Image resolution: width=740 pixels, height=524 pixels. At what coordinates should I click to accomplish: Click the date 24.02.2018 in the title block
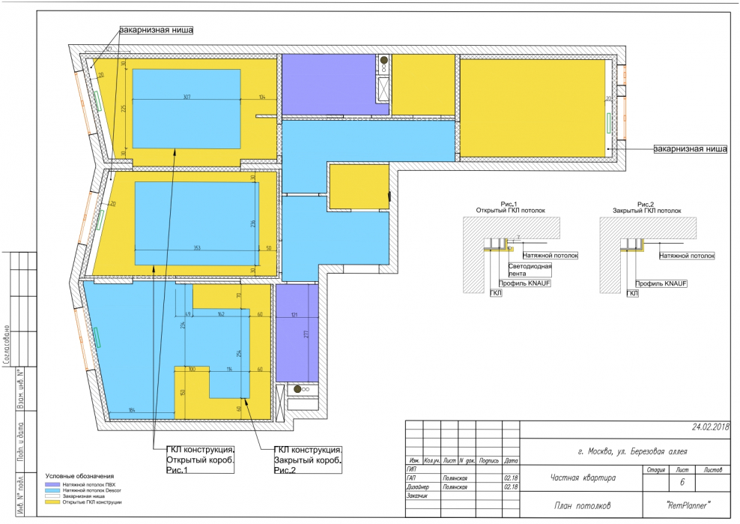(x=710, y=427)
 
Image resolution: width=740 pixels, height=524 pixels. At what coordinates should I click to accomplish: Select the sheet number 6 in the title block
(x=682, y=484)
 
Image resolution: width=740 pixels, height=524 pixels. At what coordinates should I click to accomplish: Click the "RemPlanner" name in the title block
(x=687, y=506)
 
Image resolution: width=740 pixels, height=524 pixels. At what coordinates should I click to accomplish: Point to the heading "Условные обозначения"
(x=79, y=476)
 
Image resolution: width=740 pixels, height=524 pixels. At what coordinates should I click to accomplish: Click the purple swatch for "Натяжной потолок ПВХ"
(x=53, y=484)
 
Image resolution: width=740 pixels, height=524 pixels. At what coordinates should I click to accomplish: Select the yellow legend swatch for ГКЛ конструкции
(x=53, y=502)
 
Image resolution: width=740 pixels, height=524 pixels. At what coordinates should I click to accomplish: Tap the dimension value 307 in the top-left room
(x=186, y=97)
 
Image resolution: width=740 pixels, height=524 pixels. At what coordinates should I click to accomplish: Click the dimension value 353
(x=197, y=247)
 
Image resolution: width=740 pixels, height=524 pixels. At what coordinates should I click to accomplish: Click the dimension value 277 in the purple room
(x=306, y=335)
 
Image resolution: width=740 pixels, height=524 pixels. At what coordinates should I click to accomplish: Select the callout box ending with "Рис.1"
(x=200, y=459)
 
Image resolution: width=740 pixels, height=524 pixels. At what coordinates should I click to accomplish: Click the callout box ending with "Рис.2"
(x=307, y=459)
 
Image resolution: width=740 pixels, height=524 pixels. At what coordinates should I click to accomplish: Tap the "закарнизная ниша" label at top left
(x=155, y=31)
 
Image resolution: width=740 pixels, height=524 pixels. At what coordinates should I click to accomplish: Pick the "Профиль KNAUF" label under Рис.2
(x=661, y=284)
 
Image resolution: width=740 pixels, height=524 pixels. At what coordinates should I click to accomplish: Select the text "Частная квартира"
(x=583, y=477)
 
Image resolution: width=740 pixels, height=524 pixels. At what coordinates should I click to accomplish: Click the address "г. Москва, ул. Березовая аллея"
(x=622, y=451)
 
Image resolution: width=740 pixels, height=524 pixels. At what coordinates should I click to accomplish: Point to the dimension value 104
(x=262, y=97)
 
